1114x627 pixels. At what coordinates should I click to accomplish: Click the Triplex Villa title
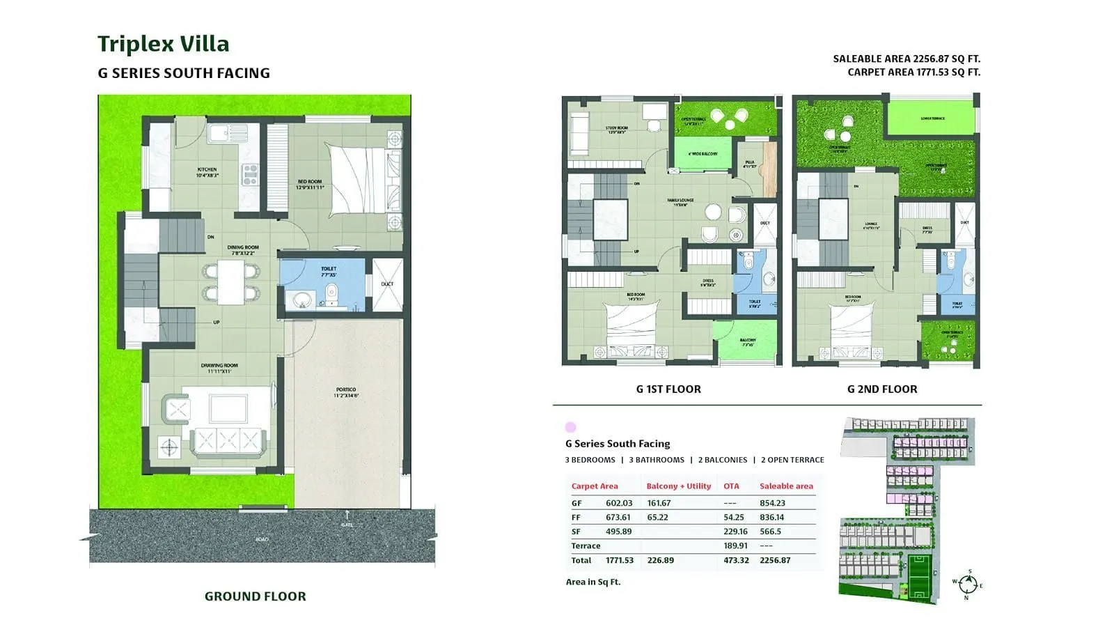click(163, 44)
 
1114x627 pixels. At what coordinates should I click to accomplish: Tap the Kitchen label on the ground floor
click(207, 171)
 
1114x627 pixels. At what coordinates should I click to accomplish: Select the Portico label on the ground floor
click(345, 391)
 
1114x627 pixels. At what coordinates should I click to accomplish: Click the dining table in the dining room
click(230, 281)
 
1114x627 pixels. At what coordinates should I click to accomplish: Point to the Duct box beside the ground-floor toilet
click(387, 284)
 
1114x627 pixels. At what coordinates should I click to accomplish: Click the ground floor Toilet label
click(329, 270)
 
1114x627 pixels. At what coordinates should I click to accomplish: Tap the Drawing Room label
click(219, 367)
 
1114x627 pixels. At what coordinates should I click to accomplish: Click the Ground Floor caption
click(255, 596)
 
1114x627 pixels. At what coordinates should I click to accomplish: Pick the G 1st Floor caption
click(668, 389)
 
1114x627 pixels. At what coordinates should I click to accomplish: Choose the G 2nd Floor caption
click(881, 389)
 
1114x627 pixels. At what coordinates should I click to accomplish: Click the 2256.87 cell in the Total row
click(775, 560)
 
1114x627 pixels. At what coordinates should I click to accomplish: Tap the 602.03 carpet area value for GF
click(619, 503)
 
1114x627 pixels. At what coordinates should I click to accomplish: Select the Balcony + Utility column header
click(678, 486)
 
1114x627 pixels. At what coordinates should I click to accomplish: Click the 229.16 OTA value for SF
click(735, 532)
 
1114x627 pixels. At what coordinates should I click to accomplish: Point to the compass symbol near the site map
click(968, 584)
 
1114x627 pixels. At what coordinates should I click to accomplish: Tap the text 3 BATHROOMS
click(656, 460)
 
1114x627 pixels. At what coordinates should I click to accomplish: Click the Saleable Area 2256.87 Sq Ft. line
click(906, 59)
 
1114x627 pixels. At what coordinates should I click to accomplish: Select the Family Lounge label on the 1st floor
click(680, 202)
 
